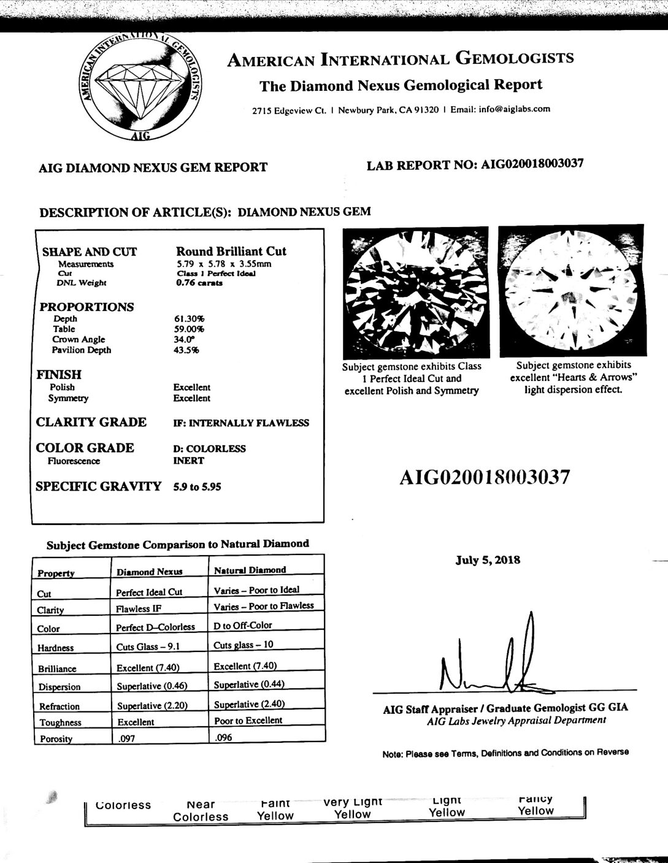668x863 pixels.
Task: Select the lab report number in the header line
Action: (x=532, y=164)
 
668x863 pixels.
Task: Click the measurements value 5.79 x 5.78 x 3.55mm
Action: (x=223, y=264)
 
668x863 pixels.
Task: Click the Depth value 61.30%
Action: (x=190, y=319)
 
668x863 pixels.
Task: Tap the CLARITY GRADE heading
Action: (x=91, y=422)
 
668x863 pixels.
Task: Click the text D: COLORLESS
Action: (x=210, y=448)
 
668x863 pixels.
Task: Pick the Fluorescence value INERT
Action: (x=190, y=461)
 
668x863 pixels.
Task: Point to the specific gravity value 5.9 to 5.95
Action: (x=198, y=487)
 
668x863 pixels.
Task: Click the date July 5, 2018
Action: (x=488, y=560)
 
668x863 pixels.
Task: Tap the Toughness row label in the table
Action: (x=60, y=723)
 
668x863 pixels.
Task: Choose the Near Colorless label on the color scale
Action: (x=201, y=810)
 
